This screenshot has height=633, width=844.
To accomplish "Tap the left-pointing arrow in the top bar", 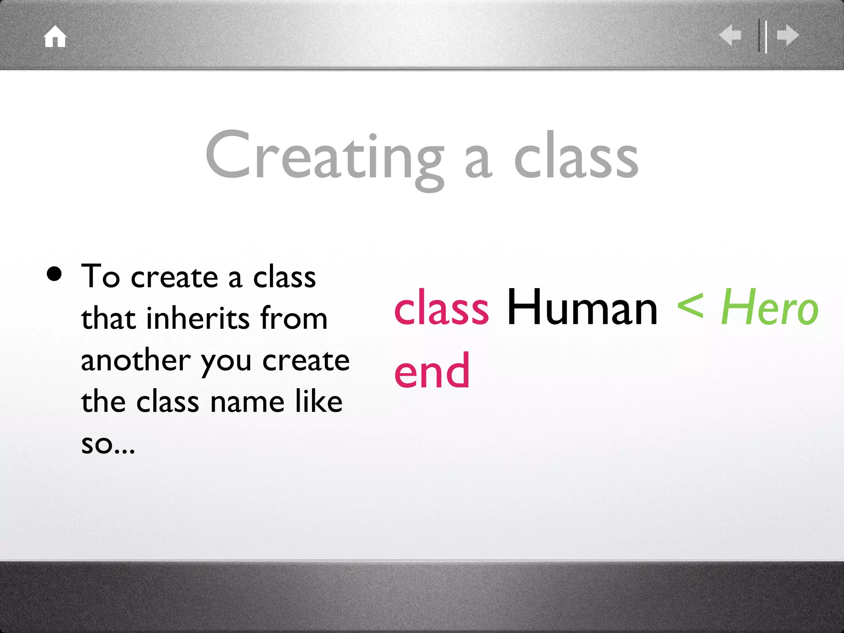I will tap(731, 35).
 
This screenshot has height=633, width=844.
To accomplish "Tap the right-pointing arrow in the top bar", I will tap(788, 35).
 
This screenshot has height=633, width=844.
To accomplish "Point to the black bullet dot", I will tap(54, 274).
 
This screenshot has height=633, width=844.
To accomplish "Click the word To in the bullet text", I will tap(101, 276).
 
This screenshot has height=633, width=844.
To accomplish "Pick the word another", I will tap(136, 360).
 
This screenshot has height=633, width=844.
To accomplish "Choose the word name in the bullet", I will tap(247, 402).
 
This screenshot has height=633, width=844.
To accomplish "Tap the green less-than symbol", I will tap(690, 307).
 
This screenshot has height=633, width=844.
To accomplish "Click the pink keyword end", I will tap(432, 371).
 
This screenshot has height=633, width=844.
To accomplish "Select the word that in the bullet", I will tap(108, 318).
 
